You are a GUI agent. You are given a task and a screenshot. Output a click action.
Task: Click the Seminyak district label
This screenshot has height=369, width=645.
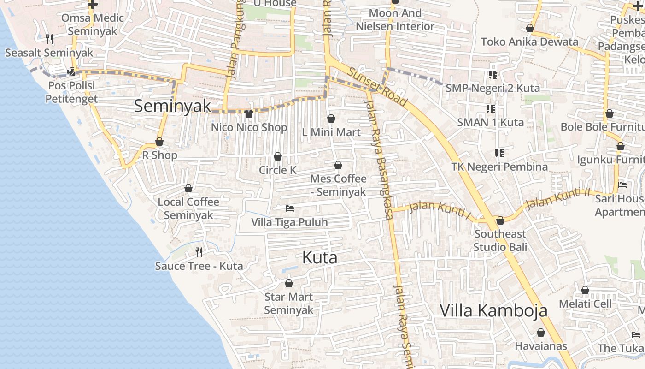[172, 106]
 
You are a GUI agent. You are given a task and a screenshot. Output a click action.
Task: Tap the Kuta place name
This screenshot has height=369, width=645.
[320, 257]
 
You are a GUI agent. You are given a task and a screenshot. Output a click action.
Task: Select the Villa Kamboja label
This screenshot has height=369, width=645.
[494, 310]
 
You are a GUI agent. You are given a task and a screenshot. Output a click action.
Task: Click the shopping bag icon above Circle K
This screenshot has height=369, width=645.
[278, 157]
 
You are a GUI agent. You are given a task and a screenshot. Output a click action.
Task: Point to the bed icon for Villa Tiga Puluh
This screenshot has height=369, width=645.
[290, 208]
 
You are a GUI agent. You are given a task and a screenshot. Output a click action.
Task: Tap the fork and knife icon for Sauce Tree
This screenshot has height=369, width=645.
[199, 252]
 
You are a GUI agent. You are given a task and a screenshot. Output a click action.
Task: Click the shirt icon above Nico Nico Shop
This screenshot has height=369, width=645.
[249, 113]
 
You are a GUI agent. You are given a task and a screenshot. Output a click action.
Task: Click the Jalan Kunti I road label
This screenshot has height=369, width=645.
[440, 210]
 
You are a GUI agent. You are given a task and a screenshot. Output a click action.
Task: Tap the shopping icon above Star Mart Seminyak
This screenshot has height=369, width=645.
[289, 283]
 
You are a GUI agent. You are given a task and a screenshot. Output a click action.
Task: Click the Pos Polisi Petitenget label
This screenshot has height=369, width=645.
[71, 92]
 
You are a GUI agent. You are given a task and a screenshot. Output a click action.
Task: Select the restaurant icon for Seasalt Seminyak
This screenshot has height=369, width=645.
[49, 39]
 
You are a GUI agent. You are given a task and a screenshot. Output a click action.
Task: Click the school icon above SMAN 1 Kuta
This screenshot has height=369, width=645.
[491, 109]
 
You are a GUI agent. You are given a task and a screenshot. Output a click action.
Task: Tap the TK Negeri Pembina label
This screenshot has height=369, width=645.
[499, 167]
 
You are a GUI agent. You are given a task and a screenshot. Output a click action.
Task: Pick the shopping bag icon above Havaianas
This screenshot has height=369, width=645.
[541, 333]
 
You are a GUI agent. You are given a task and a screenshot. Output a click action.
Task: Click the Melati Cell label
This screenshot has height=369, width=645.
[585, 304]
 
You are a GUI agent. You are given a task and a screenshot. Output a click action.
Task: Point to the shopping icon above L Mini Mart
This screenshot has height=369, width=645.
[331, 119]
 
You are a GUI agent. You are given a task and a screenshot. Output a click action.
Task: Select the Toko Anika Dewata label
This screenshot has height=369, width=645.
[529, 42]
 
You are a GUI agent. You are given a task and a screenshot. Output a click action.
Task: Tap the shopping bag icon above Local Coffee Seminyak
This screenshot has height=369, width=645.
[188, 188]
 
